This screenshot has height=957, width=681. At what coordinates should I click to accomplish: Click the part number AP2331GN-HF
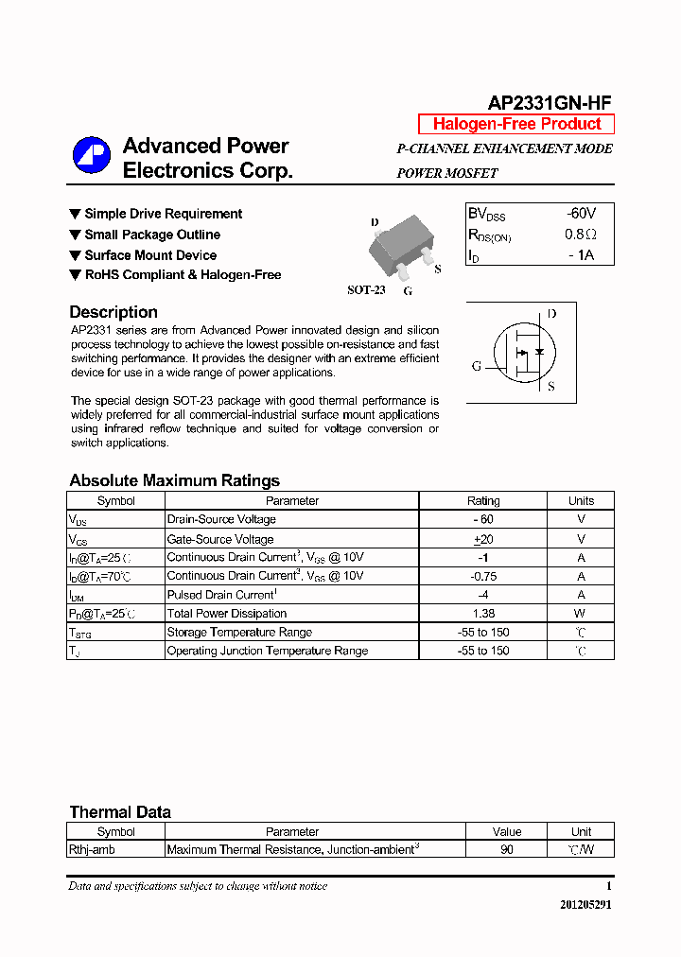550,104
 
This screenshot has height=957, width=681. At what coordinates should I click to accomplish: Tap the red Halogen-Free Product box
516,124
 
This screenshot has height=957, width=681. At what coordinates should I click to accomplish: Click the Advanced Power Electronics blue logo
92,156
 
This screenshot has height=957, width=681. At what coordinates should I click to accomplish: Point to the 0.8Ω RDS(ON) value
581,235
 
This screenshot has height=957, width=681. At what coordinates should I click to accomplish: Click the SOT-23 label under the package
366,290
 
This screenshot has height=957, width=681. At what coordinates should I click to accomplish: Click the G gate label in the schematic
477,366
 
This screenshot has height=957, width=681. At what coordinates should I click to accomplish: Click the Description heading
113,312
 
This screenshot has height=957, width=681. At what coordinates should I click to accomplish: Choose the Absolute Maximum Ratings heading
174,480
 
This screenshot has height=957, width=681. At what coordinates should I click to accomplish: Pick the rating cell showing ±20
483,539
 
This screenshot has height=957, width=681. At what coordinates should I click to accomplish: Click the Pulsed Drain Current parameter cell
221,595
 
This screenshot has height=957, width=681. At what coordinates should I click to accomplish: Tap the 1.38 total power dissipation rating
483,614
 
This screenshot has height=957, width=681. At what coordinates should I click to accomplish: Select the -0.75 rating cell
483,576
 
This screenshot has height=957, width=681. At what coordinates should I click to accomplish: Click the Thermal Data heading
120,812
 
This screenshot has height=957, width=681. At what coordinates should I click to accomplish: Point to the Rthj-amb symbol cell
92,850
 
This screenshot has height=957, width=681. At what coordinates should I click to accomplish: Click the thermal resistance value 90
507,850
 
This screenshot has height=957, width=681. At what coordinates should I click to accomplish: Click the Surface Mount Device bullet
150,255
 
